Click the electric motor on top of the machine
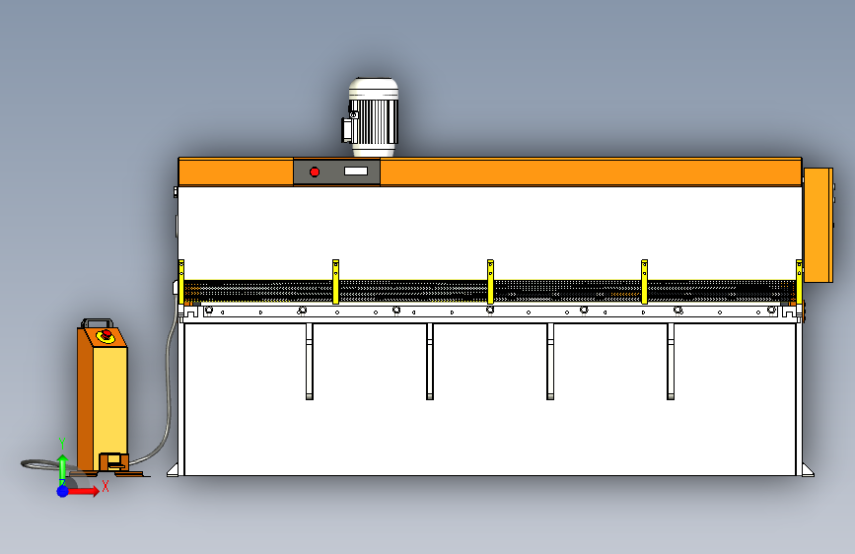click(x=373, y=116)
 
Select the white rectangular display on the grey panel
click(x=361, y=172)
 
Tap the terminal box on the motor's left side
click(x=348, y=128)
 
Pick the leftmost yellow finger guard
click(x=181, y=281)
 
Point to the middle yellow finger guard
click(x=490, y=281)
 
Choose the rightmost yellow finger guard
click(x=799, y=281)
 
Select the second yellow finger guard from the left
click(x=335, y=281)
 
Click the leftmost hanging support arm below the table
click(x=309, y=362)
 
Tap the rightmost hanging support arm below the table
click(x=671, y=362)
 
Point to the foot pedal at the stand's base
click(x=112, y=461)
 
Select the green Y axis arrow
click(x=62, y=465)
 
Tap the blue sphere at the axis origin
click(x=62, y=490)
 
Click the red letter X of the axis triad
click(x=105, y=485)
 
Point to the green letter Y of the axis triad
click(x=62, y=442)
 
